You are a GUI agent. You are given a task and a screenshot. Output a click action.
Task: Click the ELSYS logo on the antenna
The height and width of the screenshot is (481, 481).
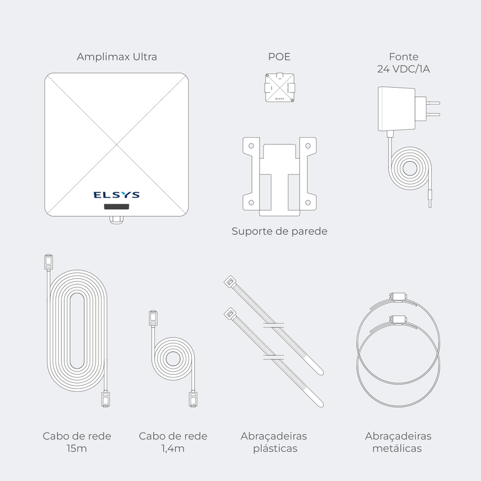[x=117, y=195]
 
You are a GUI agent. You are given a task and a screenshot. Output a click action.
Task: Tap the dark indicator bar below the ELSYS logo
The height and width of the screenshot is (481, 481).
[x=117, y=206]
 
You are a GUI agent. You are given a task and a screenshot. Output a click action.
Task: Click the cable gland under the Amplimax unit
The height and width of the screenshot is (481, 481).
[x=117, y=219]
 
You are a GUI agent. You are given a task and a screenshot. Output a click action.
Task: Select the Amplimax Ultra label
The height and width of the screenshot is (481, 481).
[x=117, y=57]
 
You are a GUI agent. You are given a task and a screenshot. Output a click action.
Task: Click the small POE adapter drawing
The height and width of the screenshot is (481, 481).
[x=280, y=88]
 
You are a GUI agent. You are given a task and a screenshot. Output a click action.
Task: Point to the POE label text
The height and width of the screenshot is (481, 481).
[x=279, y=57]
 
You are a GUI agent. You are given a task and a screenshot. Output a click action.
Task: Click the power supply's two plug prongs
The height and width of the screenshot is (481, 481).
[x=432, y=109]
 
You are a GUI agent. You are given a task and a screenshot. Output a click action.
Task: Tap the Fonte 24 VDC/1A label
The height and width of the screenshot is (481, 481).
[x=403, y=63]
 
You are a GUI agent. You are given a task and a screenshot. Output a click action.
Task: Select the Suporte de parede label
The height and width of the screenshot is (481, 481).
[x=280, y=231]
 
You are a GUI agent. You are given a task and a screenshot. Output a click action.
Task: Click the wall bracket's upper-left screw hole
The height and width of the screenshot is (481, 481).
[x=251, y=146]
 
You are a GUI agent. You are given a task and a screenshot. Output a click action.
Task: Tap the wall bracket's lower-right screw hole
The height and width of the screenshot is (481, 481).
[x=308, y=203]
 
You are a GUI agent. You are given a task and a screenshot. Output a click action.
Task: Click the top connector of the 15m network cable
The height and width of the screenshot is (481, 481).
[x=49, y=262]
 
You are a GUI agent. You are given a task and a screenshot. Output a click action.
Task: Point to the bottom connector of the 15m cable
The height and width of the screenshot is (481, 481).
[x=106, y=399]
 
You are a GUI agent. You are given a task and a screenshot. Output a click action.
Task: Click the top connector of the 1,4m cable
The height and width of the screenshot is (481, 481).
[x=153, y=318]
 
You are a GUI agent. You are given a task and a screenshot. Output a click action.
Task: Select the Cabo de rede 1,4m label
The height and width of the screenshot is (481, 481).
[x=173, y=442]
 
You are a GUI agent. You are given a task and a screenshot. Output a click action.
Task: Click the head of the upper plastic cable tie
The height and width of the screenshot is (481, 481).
[x=230, y=281]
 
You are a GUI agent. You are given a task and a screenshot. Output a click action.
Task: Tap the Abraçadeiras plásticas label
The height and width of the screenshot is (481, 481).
[x=274, y=442]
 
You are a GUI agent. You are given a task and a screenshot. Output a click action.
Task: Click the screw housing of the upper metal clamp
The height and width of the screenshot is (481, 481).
[x=398, y=296]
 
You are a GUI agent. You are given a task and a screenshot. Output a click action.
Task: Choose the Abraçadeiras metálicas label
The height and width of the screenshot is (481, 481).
[x=398, y=442]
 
